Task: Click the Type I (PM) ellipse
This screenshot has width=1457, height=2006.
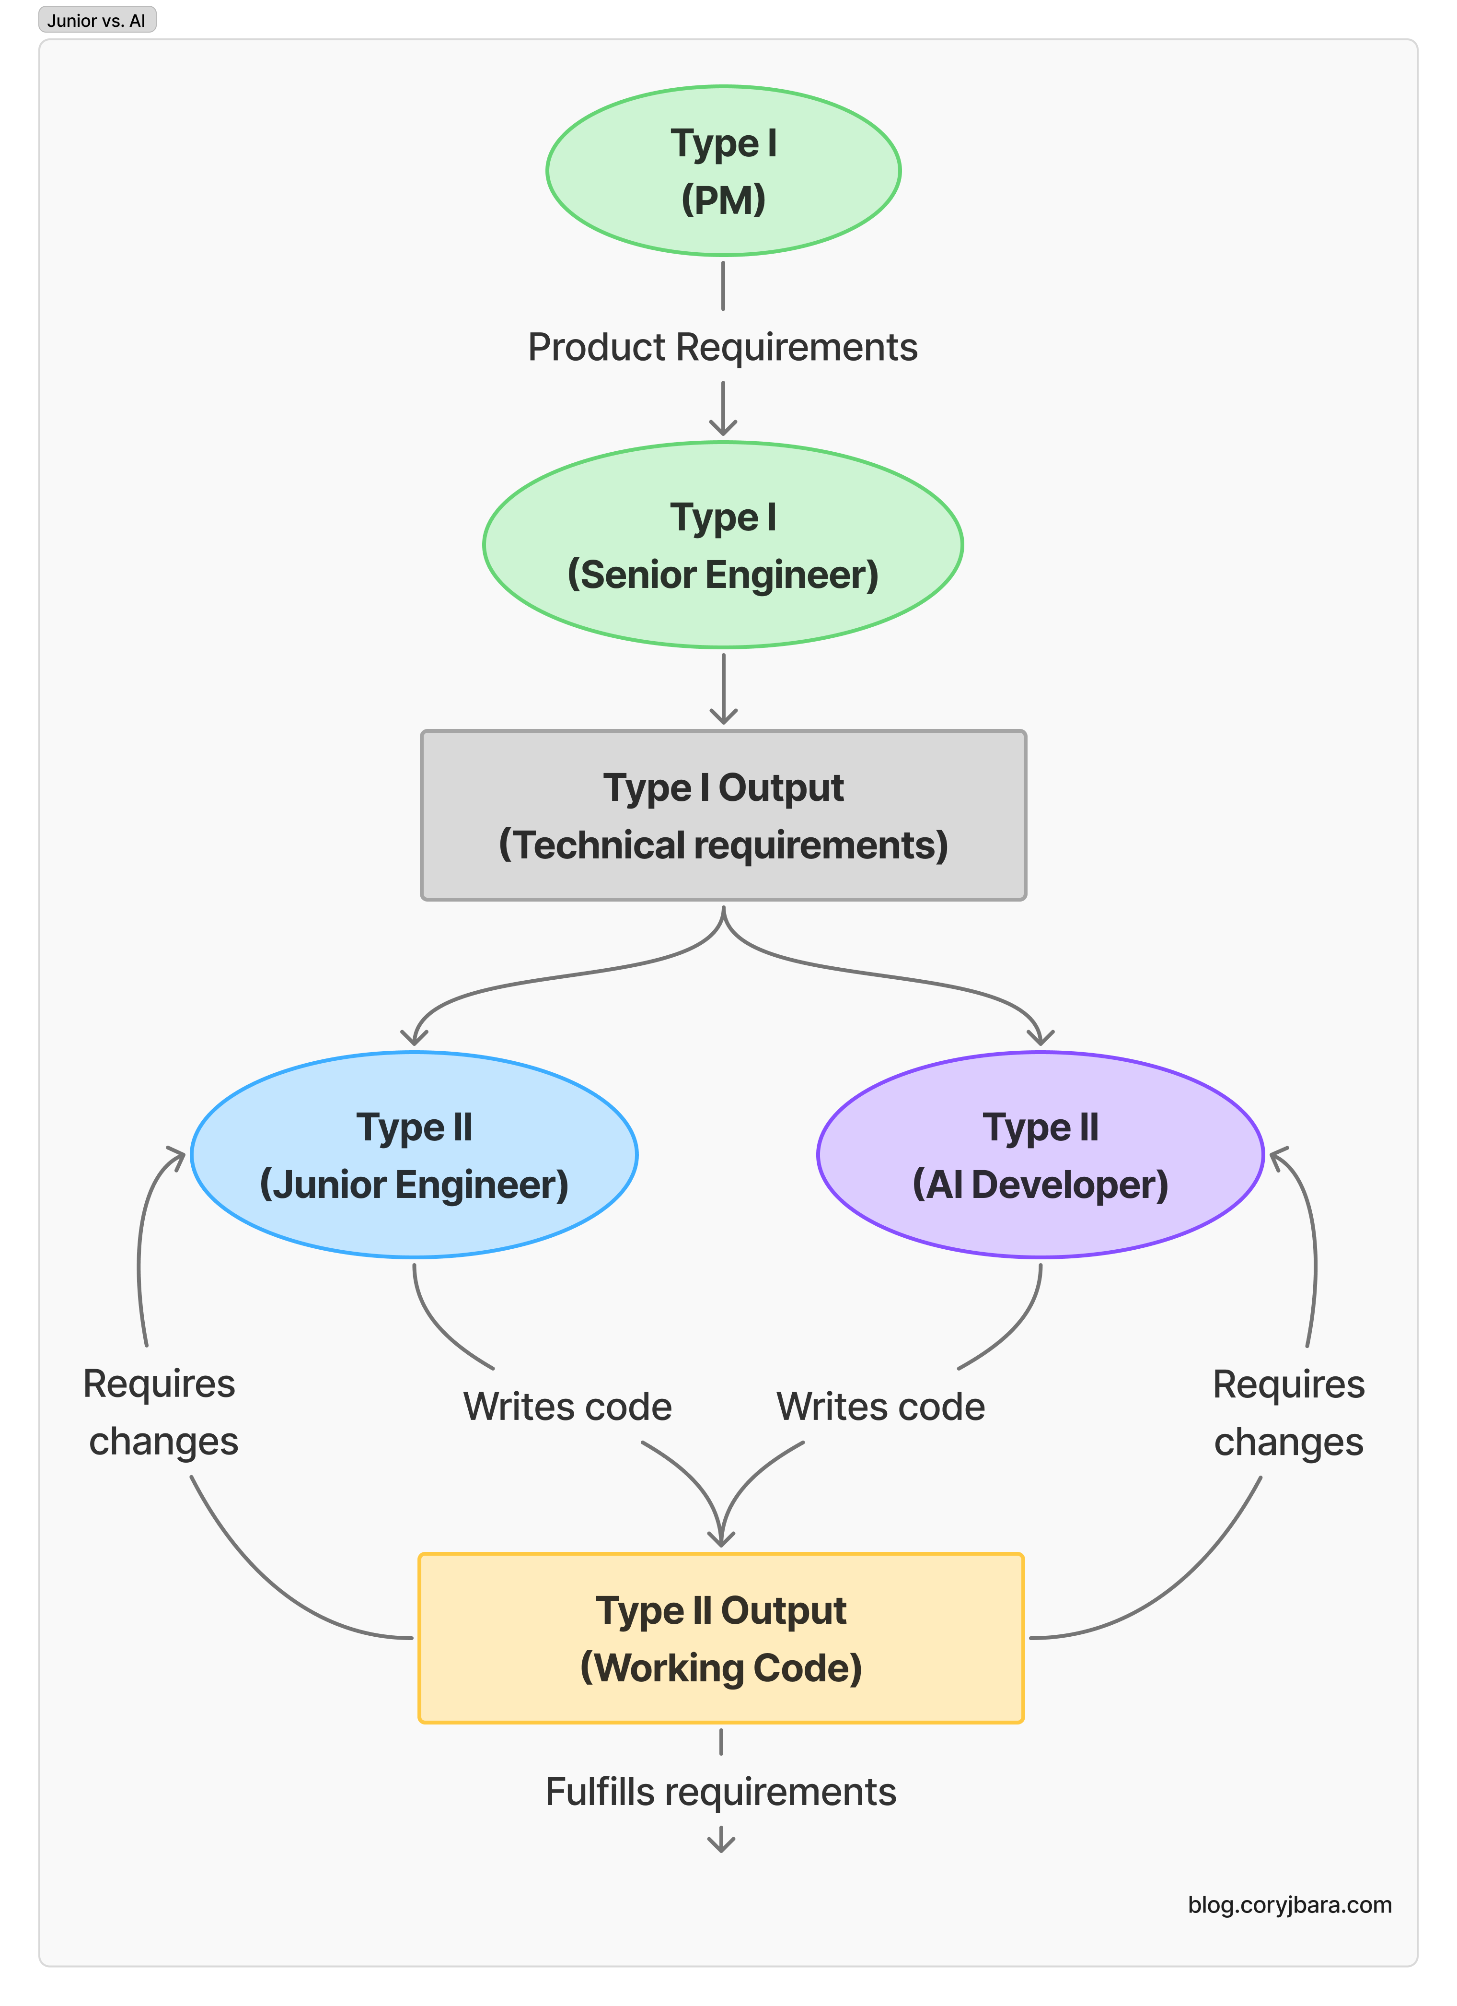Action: click(x=723, y=171)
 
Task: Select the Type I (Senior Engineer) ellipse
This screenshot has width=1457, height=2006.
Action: click(x=723, y=545)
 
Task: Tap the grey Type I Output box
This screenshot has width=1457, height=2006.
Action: click(x=723, y=815)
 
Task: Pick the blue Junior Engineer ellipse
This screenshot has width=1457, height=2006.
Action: click(x=414, y=1155)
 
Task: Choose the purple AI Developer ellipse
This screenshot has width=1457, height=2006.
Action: click(x=1041, y=1155)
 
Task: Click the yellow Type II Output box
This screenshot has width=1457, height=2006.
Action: click(x=721, y=1638)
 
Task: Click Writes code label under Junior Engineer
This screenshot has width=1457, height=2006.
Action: click(x=567, y=1407)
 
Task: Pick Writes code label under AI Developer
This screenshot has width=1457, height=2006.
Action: click(x=880, y=1407)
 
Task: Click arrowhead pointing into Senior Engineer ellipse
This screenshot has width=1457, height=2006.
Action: click(x=723, y=429)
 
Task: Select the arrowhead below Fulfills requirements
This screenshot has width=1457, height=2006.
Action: click(x=721, y=1842)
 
